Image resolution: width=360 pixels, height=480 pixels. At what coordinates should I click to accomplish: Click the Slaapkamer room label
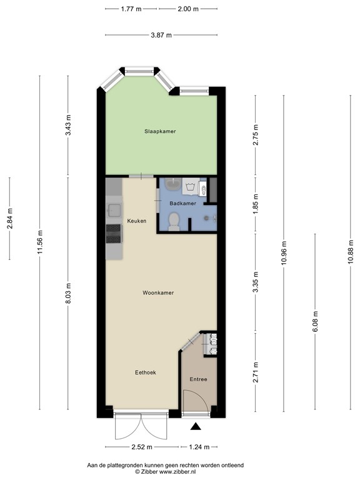click(160, 131)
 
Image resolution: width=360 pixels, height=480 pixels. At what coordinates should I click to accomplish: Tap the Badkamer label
click(183, 203)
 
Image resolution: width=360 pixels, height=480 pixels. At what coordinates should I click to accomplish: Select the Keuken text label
click(137, 221)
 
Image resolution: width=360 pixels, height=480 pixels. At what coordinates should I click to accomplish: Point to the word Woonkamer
click(158, 292)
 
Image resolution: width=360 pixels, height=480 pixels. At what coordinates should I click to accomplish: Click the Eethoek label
click(146, 372)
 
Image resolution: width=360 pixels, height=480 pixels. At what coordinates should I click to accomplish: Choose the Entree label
click(198, 379)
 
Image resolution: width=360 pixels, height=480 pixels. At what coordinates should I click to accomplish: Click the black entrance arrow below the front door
click(196, 427)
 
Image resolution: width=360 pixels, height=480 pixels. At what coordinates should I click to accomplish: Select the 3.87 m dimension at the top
click(161, 35)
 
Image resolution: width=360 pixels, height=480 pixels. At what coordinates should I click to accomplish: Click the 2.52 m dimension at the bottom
click(142, 447)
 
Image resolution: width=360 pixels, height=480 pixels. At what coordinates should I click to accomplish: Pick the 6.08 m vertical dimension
click(315, 322)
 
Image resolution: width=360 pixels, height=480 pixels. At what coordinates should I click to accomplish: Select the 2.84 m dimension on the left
click(9, 218)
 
